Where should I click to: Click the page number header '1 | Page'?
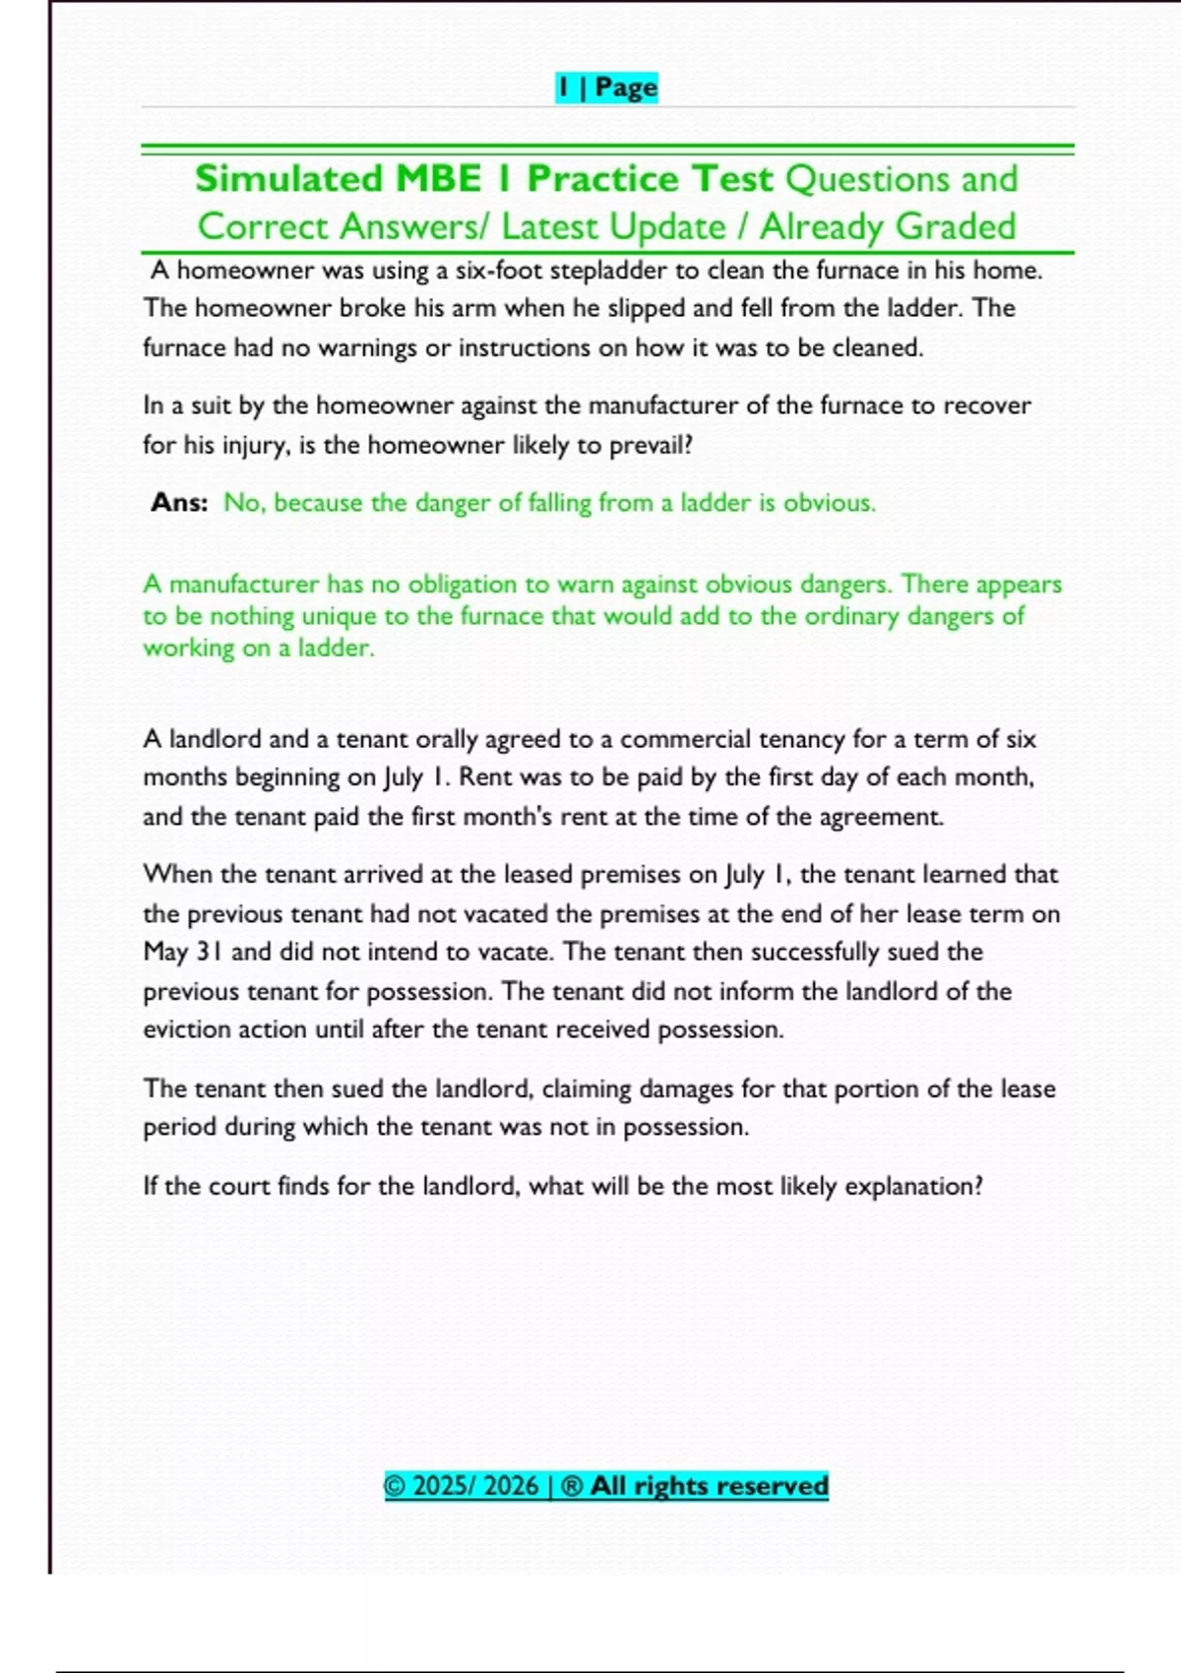point(606,88)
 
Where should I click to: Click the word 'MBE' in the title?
point(438,179)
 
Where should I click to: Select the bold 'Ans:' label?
point(179,503)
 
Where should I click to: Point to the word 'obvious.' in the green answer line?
point(830,503)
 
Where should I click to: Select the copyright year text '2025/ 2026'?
point(475,1485)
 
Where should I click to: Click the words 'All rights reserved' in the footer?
point(709,1485)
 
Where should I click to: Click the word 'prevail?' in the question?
point(651,446)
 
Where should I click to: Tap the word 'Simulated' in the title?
point(288,179)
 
